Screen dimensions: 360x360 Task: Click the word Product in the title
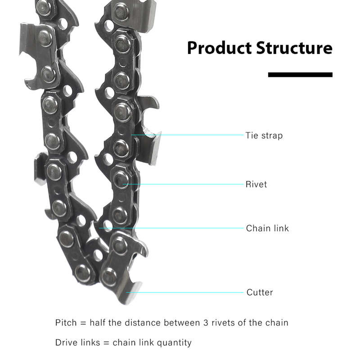pos(219,48)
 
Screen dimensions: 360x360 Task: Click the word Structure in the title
pos(294,48)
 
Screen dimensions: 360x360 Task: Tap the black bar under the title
pos(300,75)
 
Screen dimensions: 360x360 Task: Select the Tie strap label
pos(264,135)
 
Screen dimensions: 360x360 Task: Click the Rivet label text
pos(256,184)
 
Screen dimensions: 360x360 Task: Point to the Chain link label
pos(267,228)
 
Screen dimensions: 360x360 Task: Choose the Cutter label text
pos(260,292)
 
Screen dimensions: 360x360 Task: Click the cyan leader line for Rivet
pos(183,184)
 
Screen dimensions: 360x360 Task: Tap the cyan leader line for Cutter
pos(184,292)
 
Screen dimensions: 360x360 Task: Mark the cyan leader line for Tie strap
pos(187,135)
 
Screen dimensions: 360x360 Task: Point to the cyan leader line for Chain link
pos(171,228)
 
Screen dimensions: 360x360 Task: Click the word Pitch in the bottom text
pos(66,323)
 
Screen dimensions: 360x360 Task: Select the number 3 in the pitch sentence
pos(206,323)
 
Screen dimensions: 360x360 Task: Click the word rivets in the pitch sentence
pos(223,323)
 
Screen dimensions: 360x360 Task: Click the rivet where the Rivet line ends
pos(121,180)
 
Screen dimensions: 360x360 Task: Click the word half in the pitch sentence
pos(98,323)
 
